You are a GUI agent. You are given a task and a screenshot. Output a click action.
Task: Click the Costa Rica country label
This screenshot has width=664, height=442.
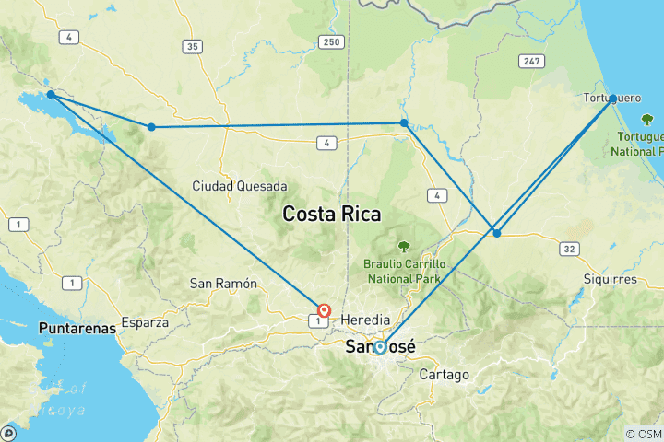(x=331, y=214)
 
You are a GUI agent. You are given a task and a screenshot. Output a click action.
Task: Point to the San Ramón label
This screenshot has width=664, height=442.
(x=223, y=284)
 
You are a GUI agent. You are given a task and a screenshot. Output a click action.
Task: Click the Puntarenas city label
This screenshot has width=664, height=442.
(x=77, y=327)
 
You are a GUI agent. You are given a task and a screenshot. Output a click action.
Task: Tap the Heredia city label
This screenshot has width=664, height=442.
(x=366, y=319)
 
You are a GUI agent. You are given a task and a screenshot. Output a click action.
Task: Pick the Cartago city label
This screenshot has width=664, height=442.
(x=444, y=375)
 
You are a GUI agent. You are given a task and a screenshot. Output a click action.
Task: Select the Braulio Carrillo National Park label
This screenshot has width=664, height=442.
(x=403, y=271)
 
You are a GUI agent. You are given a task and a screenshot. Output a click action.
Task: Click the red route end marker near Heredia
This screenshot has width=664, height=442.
(x=324, y=311)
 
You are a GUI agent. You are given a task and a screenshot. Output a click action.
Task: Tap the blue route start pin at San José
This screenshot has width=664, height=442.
(x=380, y=347)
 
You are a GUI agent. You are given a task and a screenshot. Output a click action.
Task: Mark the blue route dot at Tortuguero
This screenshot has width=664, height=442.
(x=613, y=99)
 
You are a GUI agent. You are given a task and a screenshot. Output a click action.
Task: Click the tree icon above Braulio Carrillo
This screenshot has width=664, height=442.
(x=403, y=246)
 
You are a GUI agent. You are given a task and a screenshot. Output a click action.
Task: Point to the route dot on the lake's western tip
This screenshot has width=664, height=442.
(x=51, y=94)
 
